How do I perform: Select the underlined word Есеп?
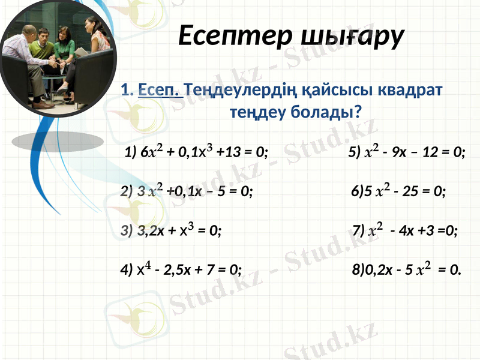[x=159, y=91]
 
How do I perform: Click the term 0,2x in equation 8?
[x=375, y=271]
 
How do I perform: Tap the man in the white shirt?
[x=24, y=51]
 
